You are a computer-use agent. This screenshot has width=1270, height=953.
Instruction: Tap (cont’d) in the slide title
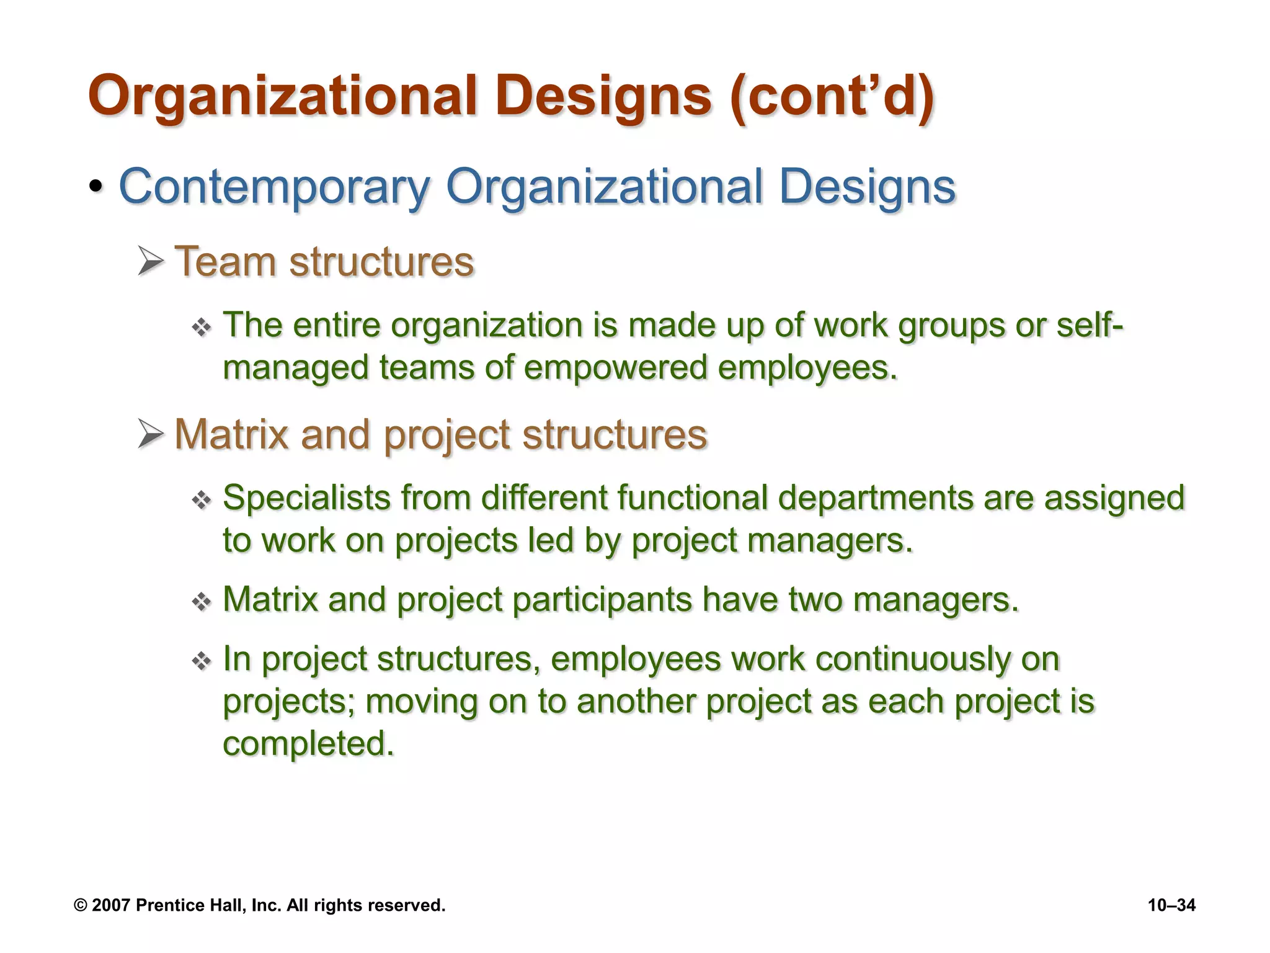pyautogui.click(x=832, y=96)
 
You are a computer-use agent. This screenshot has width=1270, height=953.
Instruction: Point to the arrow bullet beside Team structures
pyautogui.click(x=151, y=261)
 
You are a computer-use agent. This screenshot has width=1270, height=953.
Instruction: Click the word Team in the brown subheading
pyautogui.click(x=224, y=262)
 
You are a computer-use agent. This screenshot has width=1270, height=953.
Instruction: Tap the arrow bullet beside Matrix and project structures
pyautogui.click(x=151, y=433)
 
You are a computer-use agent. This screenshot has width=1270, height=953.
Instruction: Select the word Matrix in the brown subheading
pyautogui.click(x=231, y=434)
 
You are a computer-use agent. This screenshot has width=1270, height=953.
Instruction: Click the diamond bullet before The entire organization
pyautogui.click(x=202, y=328)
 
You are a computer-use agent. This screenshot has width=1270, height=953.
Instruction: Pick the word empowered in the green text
pyautogui.click(x=615, y=367)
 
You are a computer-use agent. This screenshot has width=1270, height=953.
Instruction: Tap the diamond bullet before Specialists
pyautogui.click(x=202, y=500)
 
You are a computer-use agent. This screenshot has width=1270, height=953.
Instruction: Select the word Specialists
pyautogui.click(x=306, y=498)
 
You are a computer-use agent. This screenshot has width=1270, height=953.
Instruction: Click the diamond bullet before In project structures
pyautogui.click(x=202, y=661)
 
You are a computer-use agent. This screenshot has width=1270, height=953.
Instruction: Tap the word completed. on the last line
pyautogui.click(x=308, y=743)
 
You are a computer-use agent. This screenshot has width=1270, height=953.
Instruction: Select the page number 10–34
pyautogui.click(x=1171, y=905)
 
